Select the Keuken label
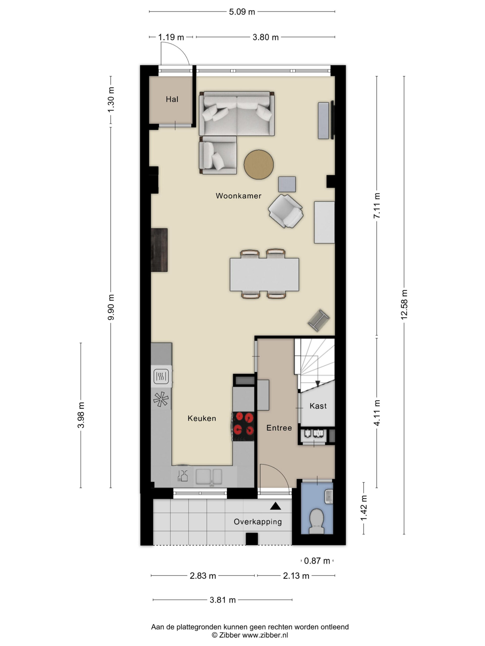pos(202,418)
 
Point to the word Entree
pos(279,428)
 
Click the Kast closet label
pos(318,406)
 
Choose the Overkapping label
pos(258,522)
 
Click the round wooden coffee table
pos(259,165)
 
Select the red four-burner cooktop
pos(243,426)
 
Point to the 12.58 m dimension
pos(404,305)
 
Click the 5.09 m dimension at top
pos(242,12)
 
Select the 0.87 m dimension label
pos(317,561)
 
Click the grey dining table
pos(264,275)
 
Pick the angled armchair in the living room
pos(286,211)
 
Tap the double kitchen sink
pos(209,476)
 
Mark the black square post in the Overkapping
pos(252,539)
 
